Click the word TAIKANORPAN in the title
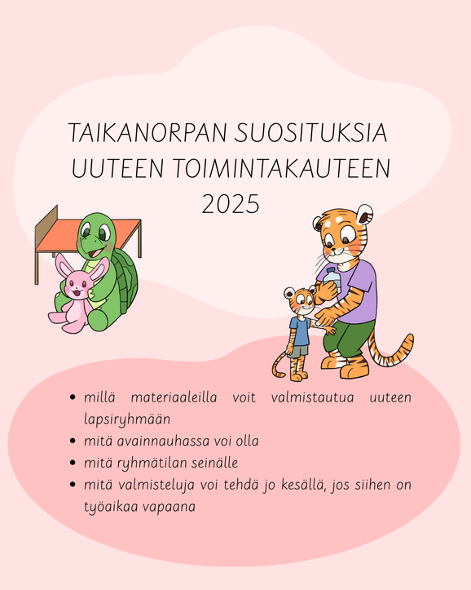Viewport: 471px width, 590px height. pos(147,132)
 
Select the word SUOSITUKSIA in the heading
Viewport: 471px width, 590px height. pos(311,132)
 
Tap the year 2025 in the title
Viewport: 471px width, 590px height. pos(231,203)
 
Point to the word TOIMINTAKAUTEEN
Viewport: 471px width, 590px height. pos(282,168)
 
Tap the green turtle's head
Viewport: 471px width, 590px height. pos(96,235)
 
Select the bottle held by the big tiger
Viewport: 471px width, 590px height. pos(333,280)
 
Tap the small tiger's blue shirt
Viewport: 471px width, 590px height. pos(300,330)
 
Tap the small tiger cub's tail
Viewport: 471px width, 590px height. pos(279,365)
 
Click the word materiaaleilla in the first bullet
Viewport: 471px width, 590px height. pos(174,397)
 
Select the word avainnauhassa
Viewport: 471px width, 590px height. pos(163,441)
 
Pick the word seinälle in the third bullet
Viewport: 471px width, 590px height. pos(214,463)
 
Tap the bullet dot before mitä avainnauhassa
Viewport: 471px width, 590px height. pos(73,441)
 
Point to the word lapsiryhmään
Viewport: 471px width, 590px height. pos(127,419)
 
